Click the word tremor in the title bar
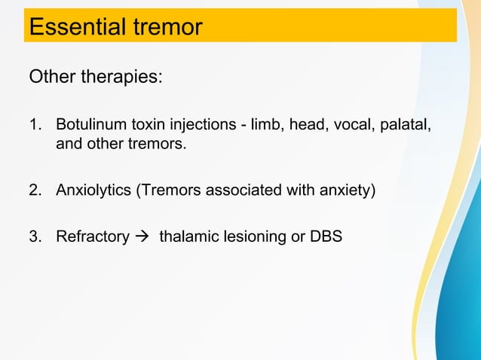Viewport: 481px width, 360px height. coord(164,27)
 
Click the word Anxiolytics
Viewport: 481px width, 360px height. coord(93,189)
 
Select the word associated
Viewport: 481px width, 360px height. coord(245,189)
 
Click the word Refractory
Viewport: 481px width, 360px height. coord(92,236)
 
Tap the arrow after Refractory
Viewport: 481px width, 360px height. coord(143,236)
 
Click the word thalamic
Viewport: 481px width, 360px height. coord(187,236)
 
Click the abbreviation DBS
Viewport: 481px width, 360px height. coord(326,236)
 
